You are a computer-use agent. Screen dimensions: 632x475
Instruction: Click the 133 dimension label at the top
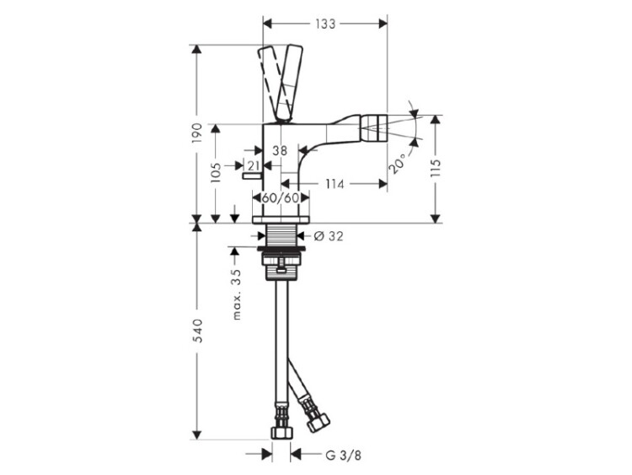click(x=325, y=24)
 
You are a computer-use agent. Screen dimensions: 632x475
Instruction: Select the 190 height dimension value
click(x=196, y=132)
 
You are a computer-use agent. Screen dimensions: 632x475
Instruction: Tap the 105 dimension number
click(x=216, y=172)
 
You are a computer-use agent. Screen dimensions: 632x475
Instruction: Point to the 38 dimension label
click(x=280, y=150)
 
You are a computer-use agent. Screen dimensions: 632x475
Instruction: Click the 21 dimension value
click(x=253, y=165)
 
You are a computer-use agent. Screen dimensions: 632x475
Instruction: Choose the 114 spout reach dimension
click(x=335, y=184)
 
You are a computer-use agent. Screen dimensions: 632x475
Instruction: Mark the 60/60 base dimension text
click(x=281, y=197)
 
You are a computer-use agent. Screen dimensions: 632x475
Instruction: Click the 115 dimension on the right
click(x=436, y=170)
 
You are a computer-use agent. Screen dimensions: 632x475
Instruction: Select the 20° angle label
click(x=398, y=163)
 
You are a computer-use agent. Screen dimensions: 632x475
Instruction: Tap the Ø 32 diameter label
click(x=329, y=235)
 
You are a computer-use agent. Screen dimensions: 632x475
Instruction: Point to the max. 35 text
click(x=237, y=294)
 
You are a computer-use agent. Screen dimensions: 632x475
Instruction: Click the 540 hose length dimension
click(x=197, y=331)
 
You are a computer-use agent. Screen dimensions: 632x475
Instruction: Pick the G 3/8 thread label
click(x=344, y=456)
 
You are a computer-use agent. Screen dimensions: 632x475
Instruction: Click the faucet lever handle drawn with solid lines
click(x=290, y=84)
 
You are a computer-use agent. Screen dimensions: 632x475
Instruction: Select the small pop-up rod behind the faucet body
click(x=252, y=175)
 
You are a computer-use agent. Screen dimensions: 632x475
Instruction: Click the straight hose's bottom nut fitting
click(x=281, y=432)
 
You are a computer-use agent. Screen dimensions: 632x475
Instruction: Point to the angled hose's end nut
click(x=317, y=421)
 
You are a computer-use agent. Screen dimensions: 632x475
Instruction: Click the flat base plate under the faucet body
click(x=281, y=219)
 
